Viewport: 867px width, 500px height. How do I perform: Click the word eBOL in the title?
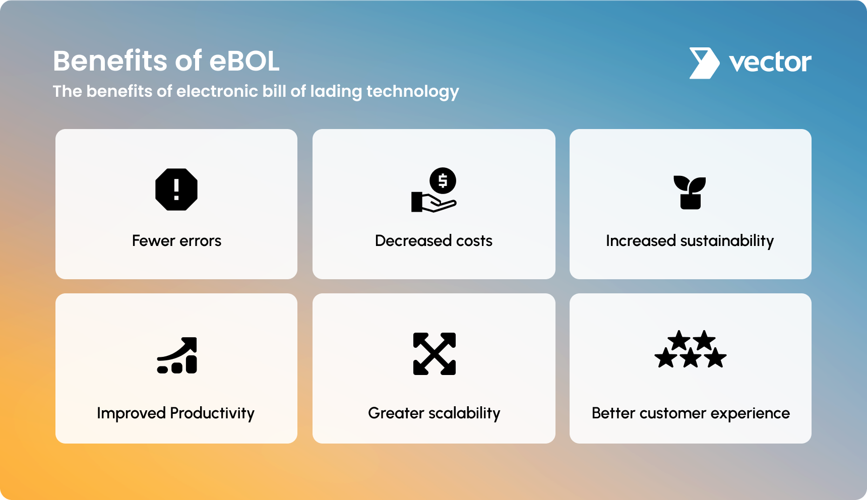[x=244, y=61]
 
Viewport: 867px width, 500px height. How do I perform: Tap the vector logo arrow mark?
[x=704, y=63]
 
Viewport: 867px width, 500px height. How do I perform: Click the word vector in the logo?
[x=770, y=62]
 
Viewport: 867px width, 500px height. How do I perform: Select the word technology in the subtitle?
[x=413, y=92]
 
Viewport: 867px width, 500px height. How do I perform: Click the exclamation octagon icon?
[x=176, y=190]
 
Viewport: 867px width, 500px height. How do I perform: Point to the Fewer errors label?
[x=176, y=241]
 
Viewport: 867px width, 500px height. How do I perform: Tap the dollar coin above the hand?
[x=443, y=180]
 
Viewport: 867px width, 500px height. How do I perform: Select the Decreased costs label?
[x=433, y=241]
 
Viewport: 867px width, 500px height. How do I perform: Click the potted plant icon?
[x=690, y=192]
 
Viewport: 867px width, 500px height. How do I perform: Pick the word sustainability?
[x=727, y=241]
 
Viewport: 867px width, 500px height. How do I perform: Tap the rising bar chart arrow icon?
[x=177, y=355]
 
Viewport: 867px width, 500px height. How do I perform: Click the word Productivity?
[x=212, y=413]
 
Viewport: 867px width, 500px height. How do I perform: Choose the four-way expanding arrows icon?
[x=435, y=354]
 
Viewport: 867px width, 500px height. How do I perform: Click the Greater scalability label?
[x=434, y=413]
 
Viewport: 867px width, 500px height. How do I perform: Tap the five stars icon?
[x=691, y=349]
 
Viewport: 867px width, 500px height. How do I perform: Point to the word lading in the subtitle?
[x=336, y=92]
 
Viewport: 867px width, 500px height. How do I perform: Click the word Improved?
[x=131, y=414]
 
